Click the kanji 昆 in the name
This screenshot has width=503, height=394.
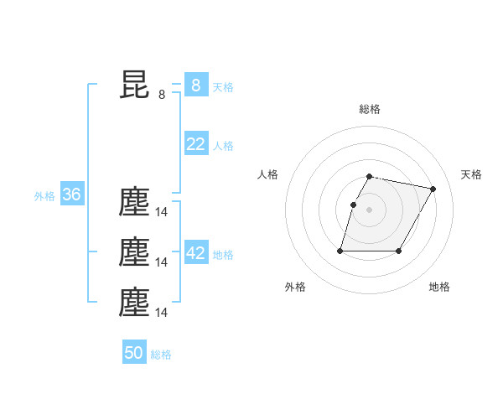click(x=134, y=85)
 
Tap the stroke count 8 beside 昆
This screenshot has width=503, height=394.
click(x=162, y=95)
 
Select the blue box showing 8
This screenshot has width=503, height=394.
click(x=195, y=86)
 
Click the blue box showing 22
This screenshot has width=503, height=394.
click(x=195, y=144)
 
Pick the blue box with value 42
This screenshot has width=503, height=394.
click(x=195, y=253)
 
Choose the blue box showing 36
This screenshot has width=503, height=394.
click(x=71, y=195)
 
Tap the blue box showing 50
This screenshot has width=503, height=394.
click(x=134, y=353)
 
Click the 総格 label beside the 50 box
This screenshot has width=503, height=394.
click(x=161, y=355)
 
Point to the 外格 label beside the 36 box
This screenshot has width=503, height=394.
click(x=44, y=196)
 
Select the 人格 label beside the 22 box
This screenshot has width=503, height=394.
click(x=223, y=146)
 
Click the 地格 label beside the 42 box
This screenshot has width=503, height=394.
click(x=223, y=255)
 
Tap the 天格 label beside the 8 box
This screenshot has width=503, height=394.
click(x=223, y=87)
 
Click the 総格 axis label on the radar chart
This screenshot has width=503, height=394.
click(x=369, y=109)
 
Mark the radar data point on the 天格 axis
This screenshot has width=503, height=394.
click(x=433, y=189)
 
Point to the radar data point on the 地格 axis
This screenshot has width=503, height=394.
click(x=398, y=251)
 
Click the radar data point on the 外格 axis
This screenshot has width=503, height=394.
click(x=340, y=251)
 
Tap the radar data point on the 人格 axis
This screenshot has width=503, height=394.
click(x=353, y=205)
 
